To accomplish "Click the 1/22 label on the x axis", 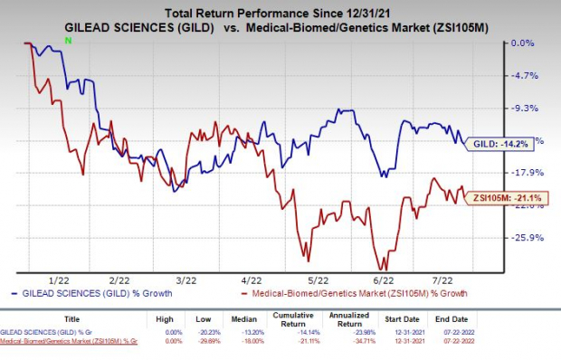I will click(62, 280).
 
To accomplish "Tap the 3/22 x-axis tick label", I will click(186, 280).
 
